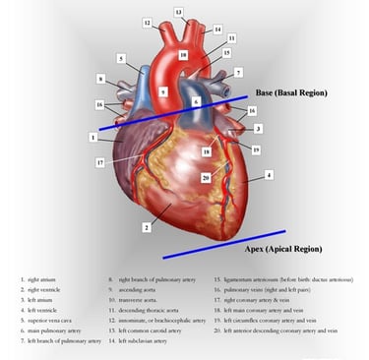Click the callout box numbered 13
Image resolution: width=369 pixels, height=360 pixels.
click(178, 12)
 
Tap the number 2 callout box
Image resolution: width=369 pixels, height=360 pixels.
click(146, 227)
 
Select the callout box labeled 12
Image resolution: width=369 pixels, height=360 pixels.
click(147, 22)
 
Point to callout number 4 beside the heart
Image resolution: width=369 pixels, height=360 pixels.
click(268, 175)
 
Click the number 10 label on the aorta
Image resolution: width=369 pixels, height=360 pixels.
click(183, 56)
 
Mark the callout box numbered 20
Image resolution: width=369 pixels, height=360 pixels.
click(206, 177)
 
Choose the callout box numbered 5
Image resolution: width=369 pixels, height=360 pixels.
click(120, 59)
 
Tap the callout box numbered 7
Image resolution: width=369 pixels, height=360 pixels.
click(237, 73)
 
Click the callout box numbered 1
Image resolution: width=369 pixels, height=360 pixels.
click(92, 137)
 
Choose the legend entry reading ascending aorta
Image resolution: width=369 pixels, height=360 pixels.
click(137, 290)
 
